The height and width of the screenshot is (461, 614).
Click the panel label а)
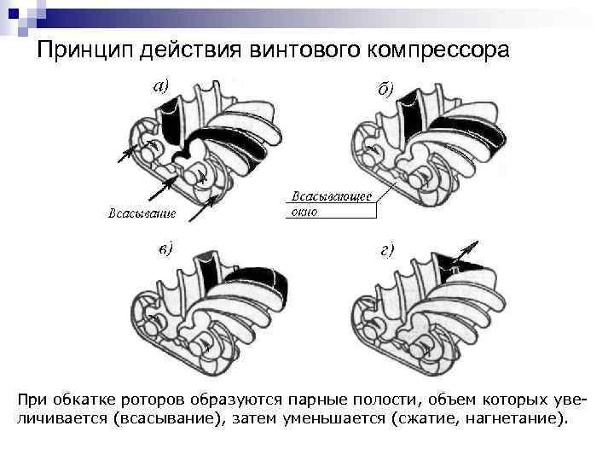point(161,85)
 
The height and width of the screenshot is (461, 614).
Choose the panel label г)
point(386,250)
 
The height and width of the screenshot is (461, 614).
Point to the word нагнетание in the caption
point(517,418)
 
